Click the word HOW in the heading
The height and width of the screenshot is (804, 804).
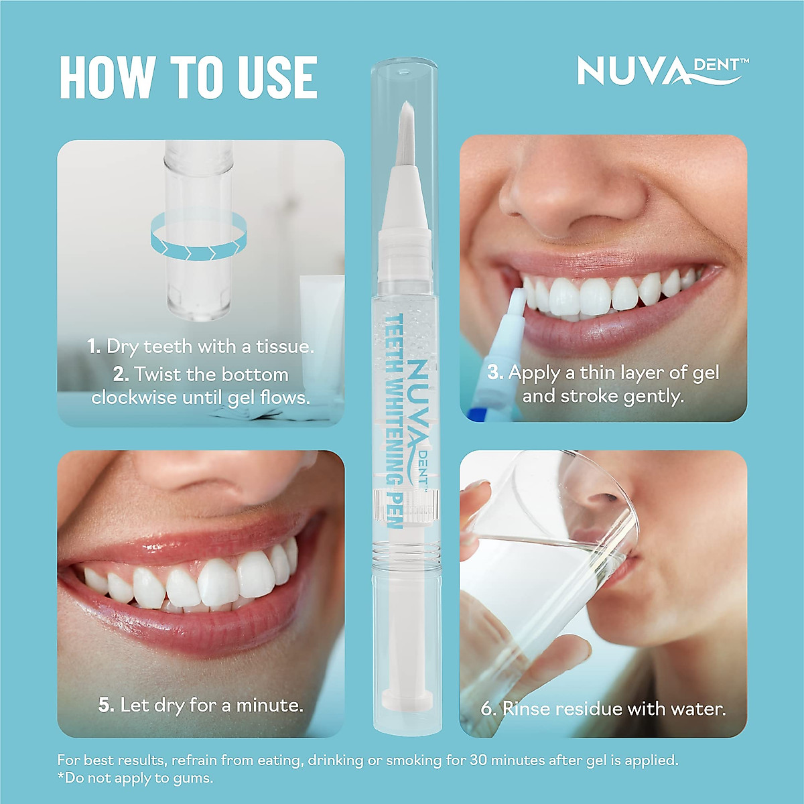click(107, 78)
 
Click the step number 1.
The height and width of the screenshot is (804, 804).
click(94, 346)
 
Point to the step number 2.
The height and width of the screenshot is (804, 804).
click(121, 374)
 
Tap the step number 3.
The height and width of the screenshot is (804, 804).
click(495, 373)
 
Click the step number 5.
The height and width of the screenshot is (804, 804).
click(106, 705)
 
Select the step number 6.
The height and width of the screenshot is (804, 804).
click(488, 709)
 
